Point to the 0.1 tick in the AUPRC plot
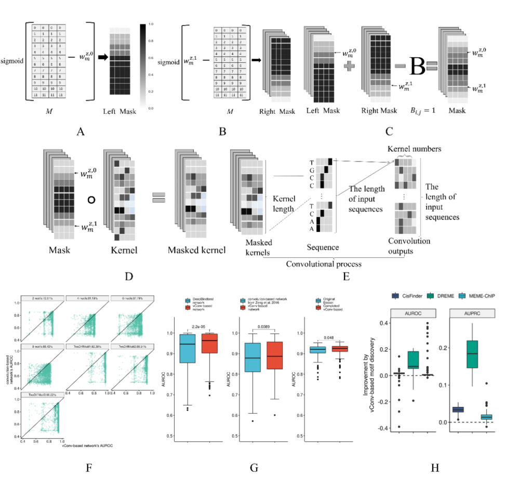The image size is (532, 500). coord(444,385)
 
